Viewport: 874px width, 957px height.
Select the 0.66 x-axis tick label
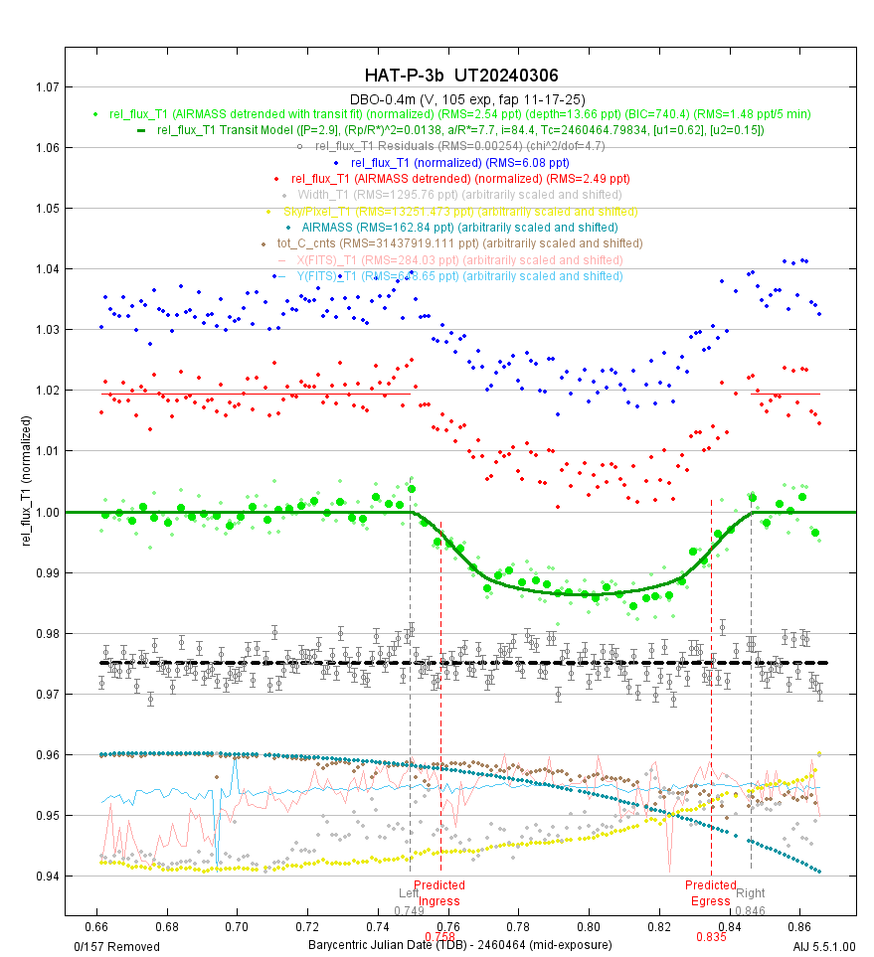click(x=96, y=925)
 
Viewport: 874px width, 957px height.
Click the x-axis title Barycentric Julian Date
click(x=459, y=943)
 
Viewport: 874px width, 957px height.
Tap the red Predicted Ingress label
click(x=438, y=893)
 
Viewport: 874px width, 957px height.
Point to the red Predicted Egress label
click(x=710, y=893)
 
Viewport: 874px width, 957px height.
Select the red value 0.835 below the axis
click(x=711, y=936)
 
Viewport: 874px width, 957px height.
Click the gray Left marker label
click(x=409, y=892)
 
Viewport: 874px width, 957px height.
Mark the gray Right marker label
click(x=751, y=892)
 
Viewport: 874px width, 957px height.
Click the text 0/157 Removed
click(x=112, y=943)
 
